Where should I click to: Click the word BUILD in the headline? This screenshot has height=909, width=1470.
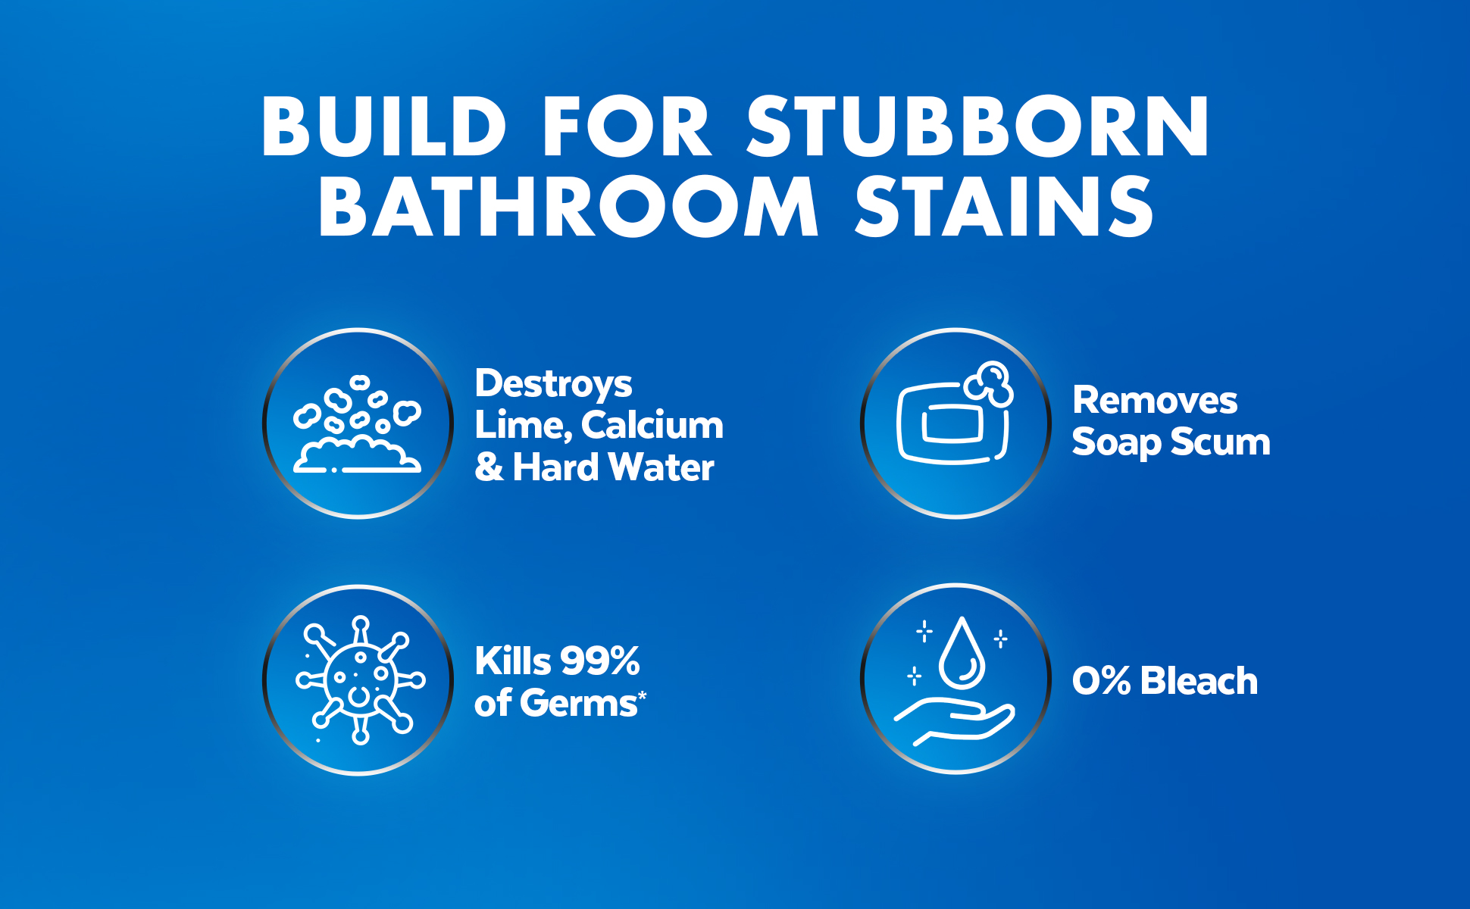384,127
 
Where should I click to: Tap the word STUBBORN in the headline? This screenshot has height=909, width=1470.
978,127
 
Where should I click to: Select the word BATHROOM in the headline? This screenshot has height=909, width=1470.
568,206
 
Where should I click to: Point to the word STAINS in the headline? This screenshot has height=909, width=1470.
1005,206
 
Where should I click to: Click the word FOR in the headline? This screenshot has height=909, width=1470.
627,127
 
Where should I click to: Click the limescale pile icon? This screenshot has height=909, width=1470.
357,424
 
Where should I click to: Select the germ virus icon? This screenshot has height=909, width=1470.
360,679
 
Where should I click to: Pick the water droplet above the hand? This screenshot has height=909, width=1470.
962,652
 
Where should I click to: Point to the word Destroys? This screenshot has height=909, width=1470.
553,385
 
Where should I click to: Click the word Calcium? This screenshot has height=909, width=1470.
652,425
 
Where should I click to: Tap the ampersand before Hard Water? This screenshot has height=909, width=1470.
489,467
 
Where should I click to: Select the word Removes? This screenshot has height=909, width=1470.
1155,400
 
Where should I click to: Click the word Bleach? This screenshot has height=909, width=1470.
1199,680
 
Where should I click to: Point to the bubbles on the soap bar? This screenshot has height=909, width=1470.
990,384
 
